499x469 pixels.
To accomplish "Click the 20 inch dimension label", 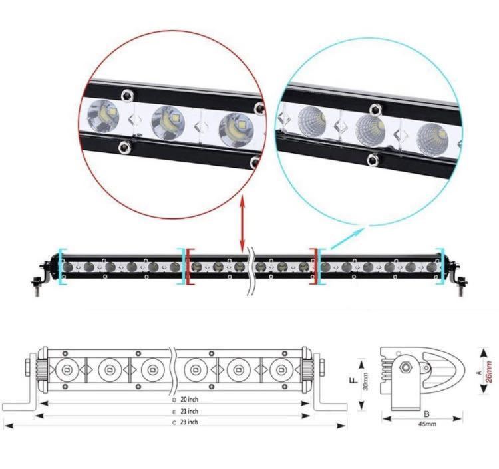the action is [190, 399].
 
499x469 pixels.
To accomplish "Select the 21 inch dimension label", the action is [190, 411].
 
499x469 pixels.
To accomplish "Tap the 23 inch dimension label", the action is [190, 422].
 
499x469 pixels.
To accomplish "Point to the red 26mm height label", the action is [489, 372].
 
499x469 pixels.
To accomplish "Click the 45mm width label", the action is [427, 424].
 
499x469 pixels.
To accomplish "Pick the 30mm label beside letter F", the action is [366, 381].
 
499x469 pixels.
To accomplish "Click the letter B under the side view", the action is [426, 414].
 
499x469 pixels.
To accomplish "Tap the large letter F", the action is [353, 381].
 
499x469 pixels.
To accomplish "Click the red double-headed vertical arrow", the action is [242, 225].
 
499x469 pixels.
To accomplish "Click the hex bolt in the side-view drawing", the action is [406, 367].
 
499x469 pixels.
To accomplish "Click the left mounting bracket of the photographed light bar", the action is [41, 276].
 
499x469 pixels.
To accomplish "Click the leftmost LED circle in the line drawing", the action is [67, 370].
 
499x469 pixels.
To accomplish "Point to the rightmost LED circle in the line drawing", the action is [281, 370].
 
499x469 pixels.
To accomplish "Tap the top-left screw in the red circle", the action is [128, 95].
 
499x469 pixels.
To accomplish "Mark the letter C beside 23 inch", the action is [174, 423].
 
